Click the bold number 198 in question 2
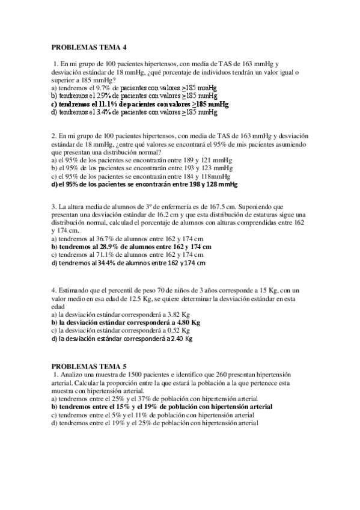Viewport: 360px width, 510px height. (x=184, y=185)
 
